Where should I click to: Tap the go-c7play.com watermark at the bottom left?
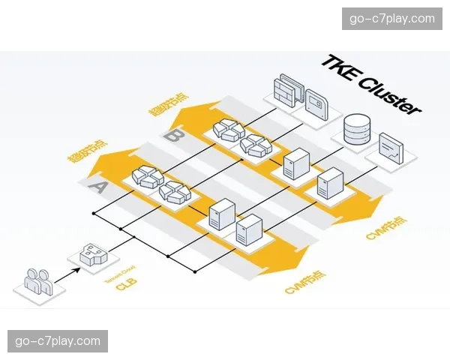[57, 341]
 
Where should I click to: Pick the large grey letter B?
[175, 136]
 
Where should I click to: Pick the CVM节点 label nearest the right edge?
[387, 228]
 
